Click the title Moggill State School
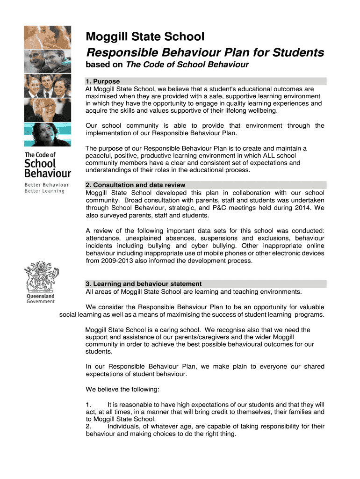[144, 36]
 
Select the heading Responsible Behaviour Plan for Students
[204, 52]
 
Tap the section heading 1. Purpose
[102, 81]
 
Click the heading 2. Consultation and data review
[135, 185]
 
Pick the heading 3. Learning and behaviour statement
[144, 284]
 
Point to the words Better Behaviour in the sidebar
[46, 185]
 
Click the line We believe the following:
[122, 389]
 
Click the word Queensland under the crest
[40, 296]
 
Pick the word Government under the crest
[40, 302]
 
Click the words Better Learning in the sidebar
[44, 191]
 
